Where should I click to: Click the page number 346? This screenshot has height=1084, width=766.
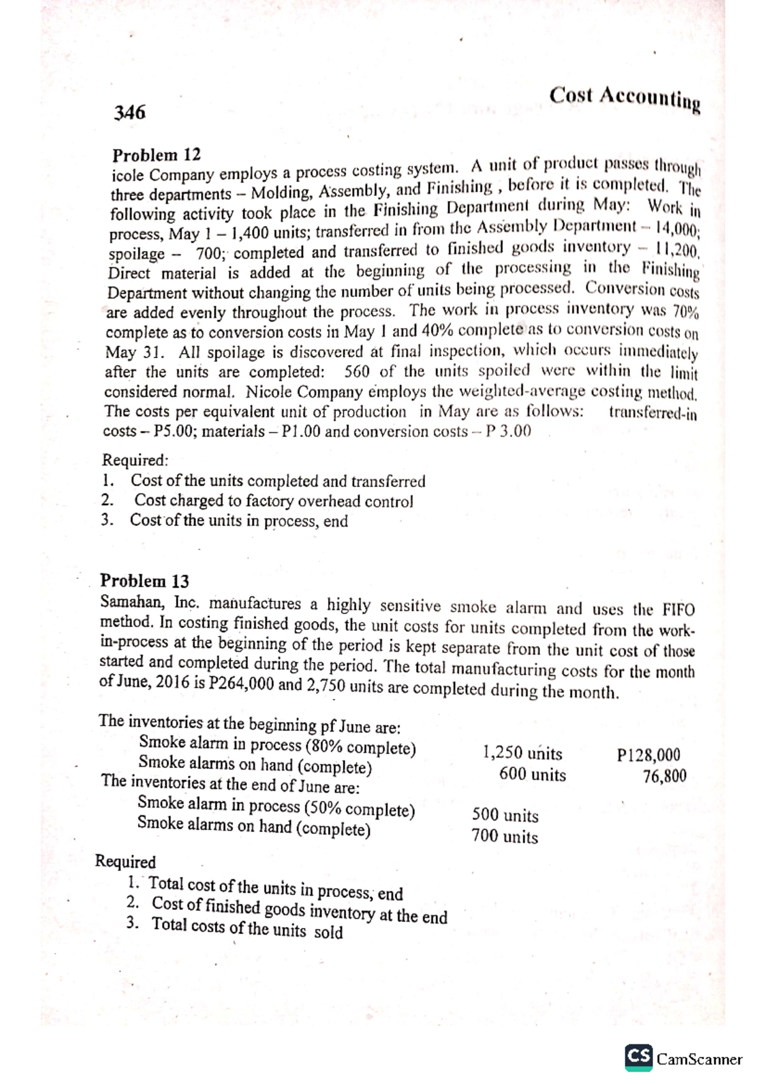[x=130, y=113]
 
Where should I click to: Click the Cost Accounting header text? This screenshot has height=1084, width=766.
[x=625, y=98]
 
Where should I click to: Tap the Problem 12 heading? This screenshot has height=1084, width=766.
[x=156, y=155]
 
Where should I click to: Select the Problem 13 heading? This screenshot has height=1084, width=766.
[x=145, y=581]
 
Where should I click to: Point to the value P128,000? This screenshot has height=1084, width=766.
[x=649, y=755]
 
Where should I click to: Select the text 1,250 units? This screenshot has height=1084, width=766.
[x=523, y=753]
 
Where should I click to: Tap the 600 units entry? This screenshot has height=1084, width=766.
[x=532, y=774]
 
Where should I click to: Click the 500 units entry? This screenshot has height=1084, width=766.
[x=505, y=815]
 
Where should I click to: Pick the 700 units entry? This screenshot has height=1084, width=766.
[x=504, y=836]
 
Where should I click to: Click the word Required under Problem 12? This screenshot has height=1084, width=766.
[x=135, y=460]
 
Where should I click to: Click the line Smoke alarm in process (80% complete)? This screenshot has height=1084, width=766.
[x=277, y=745]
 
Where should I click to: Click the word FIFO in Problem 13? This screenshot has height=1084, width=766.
[x=679, y=609]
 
